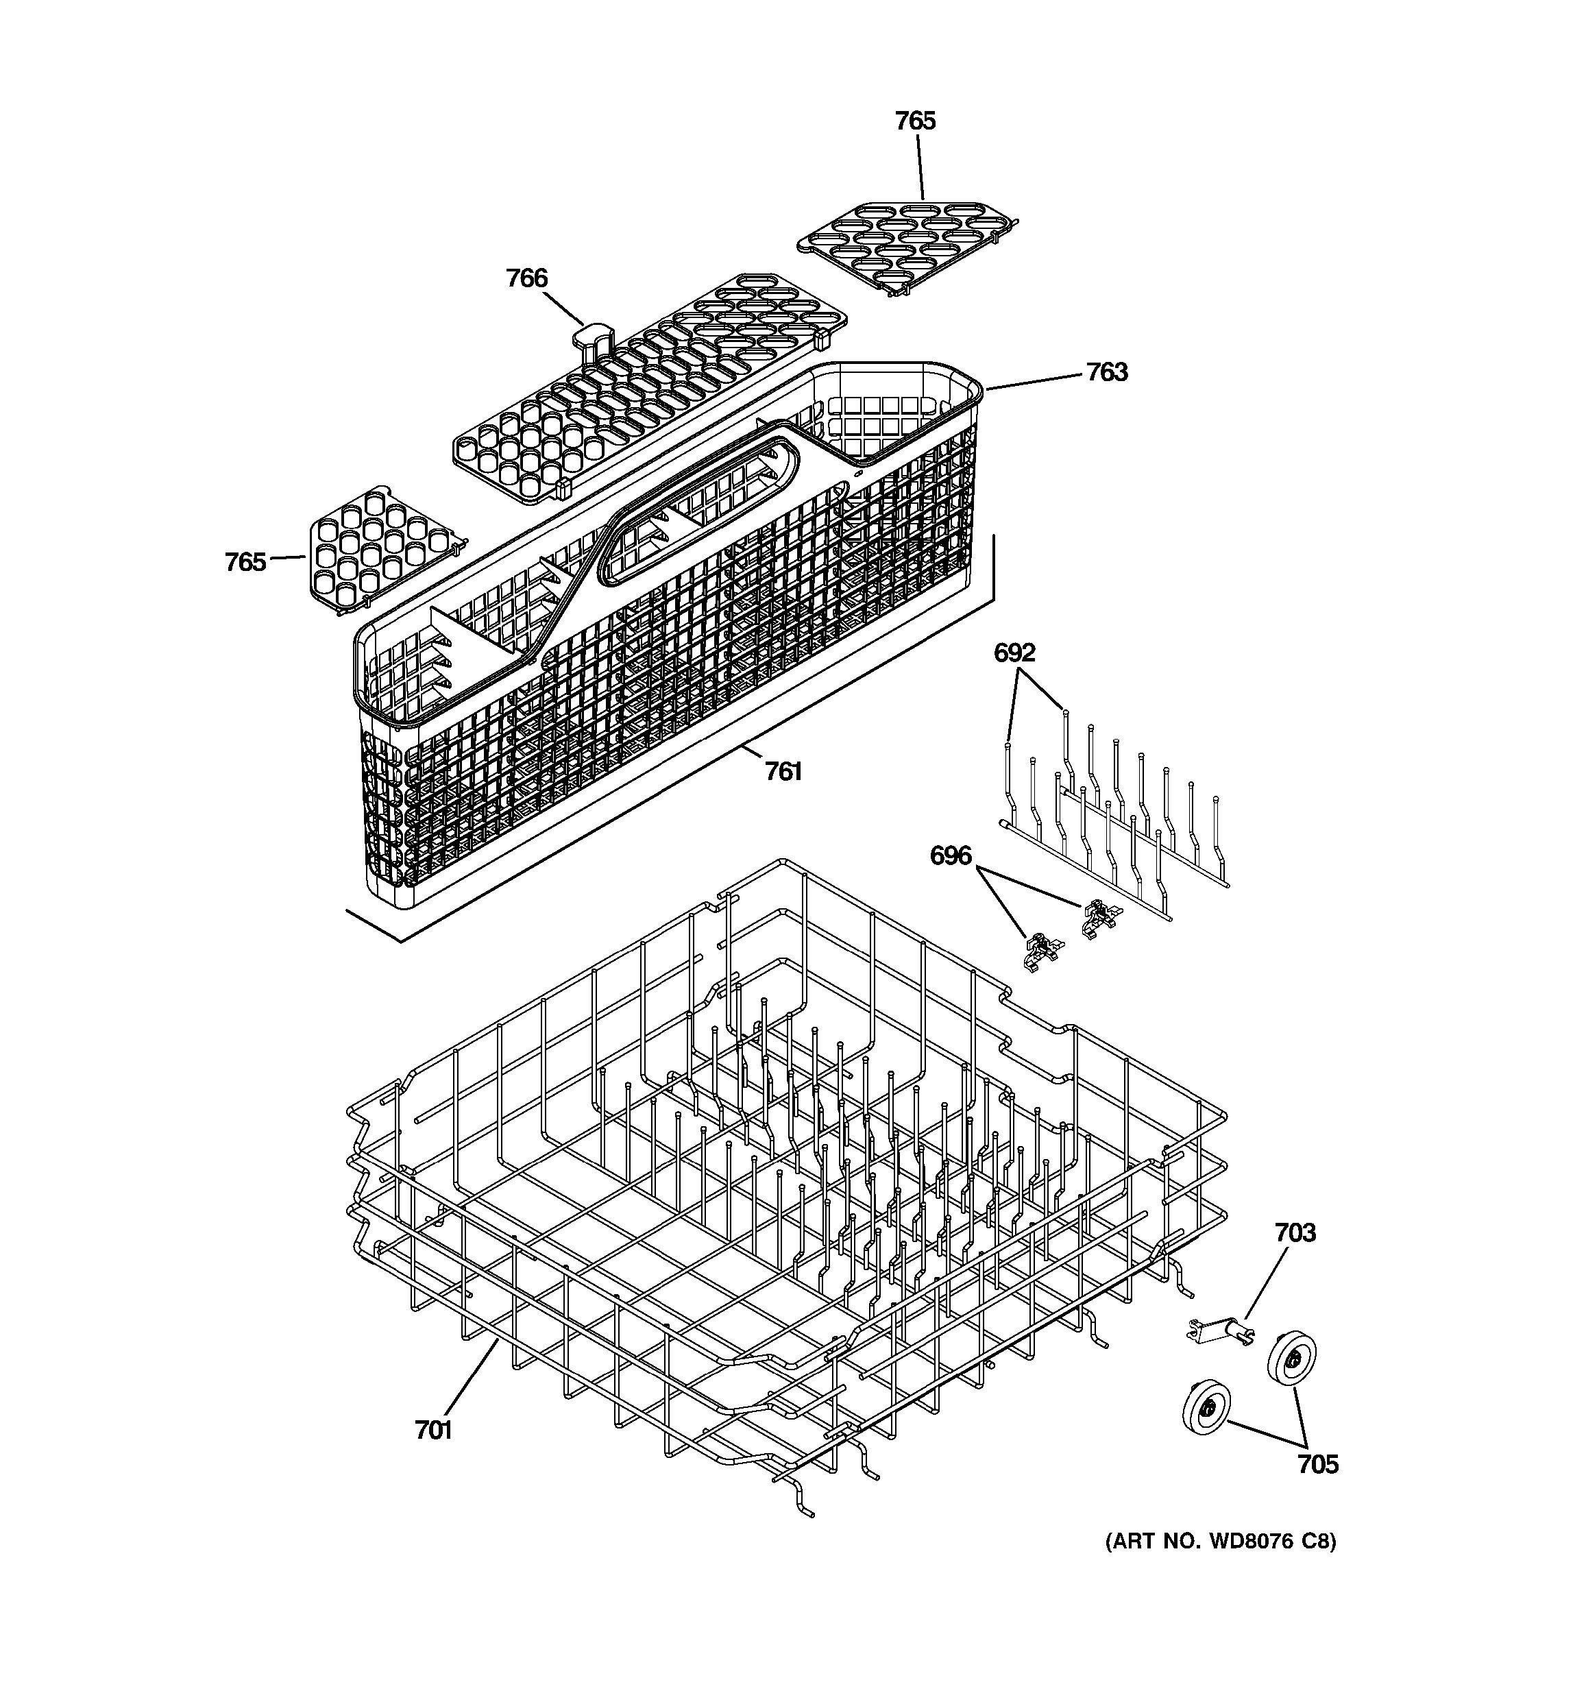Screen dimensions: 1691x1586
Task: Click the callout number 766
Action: pos(526,278)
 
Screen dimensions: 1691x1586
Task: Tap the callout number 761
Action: pos(782,772)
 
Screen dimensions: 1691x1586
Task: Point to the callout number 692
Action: pos(1014,653)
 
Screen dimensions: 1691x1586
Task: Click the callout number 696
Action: pos(950,855)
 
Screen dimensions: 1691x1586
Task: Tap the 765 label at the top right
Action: pos(915,121)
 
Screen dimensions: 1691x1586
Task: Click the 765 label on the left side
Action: pos(245,562)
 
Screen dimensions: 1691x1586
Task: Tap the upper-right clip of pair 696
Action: pos(1099,918)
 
